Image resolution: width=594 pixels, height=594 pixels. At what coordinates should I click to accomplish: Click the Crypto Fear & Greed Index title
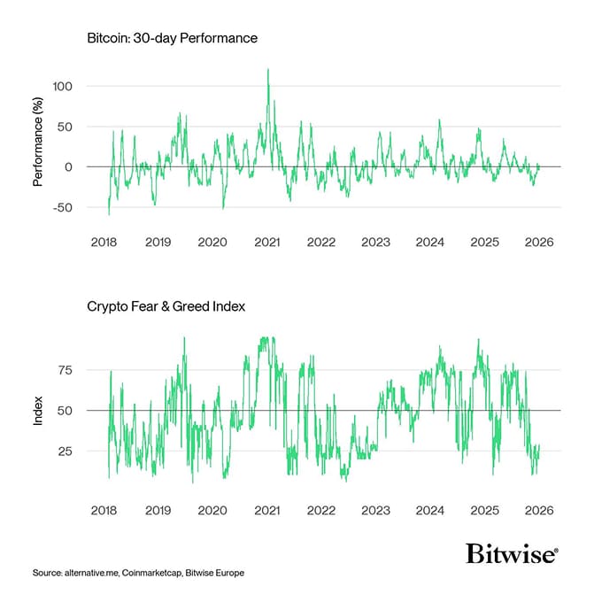pyautogui.click(x=166, y=306)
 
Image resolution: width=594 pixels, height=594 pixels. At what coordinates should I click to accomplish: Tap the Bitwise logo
pyautogui.click(x=512, y=554)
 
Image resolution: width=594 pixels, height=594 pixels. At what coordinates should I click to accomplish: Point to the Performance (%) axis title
pyautogui.click(x=38, y=146)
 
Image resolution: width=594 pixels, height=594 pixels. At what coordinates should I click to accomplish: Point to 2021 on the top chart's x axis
pyautogui.click(x=266, y=242)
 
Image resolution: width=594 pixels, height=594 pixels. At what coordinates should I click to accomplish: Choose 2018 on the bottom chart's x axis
pyautogui.click(x=104, y=510)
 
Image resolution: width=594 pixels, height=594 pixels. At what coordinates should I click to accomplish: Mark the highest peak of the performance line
pyautogui.click(x=268, y=69)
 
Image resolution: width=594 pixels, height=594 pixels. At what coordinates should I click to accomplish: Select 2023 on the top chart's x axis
pyautogui.click(x=375, y=242)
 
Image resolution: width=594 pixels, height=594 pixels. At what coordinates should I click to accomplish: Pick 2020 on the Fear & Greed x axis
pyautogui.click(x=212, y=510)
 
